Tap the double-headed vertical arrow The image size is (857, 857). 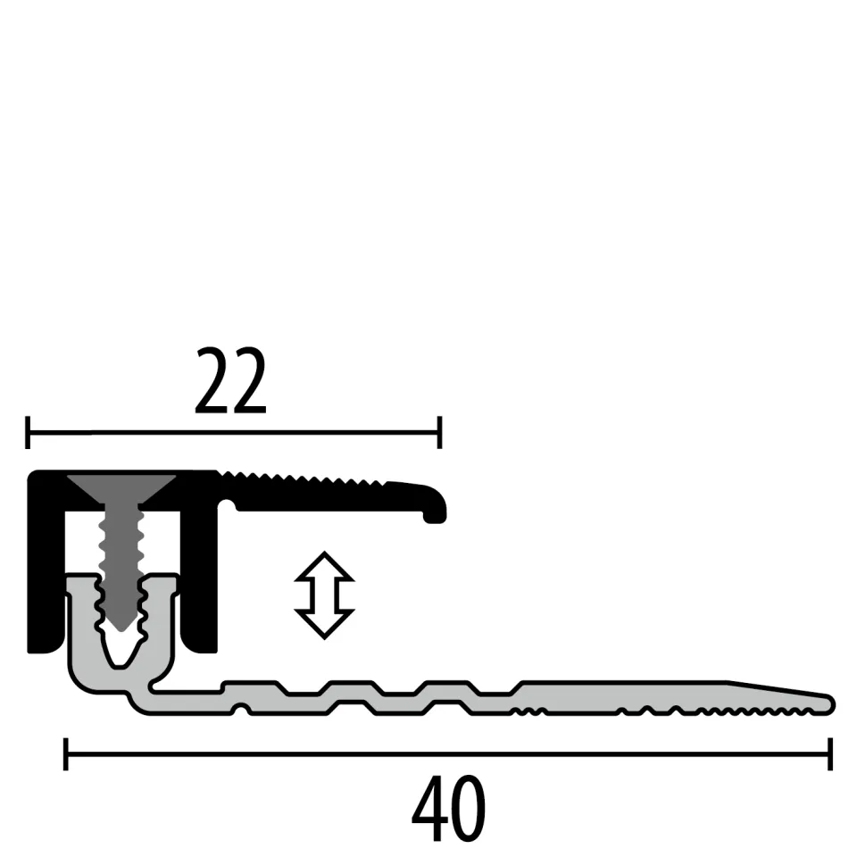pyautogui.click(x=324, y=595)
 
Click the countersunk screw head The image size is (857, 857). pyautogui.click(x=121, y=487)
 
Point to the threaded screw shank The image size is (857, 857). pyautogui.click(x=121, y=553)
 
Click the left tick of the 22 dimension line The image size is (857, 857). pyautogui.click(x=29, y=432)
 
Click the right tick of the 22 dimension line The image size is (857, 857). pyautogui.click(x=439, y=432)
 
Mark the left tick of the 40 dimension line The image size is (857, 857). pyautogui.click(x=66, y=753)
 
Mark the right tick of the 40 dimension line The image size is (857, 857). pyautogui.click(x=830, y=753)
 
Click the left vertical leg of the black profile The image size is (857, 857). pyautogui.click(x=45, y=571)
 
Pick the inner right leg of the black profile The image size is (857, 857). pyautogui.click(x=198, y=580)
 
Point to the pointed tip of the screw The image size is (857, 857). pyautogui.click(x=121, y=625)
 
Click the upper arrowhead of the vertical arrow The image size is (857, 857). pyautogui.click(x=324, y=564)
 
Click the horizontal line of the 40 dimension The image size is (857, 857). pyautogui.click(x=446, y=753)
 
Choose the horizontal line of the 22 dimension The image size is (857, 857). pyautogui.click(x=232, y=432)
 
